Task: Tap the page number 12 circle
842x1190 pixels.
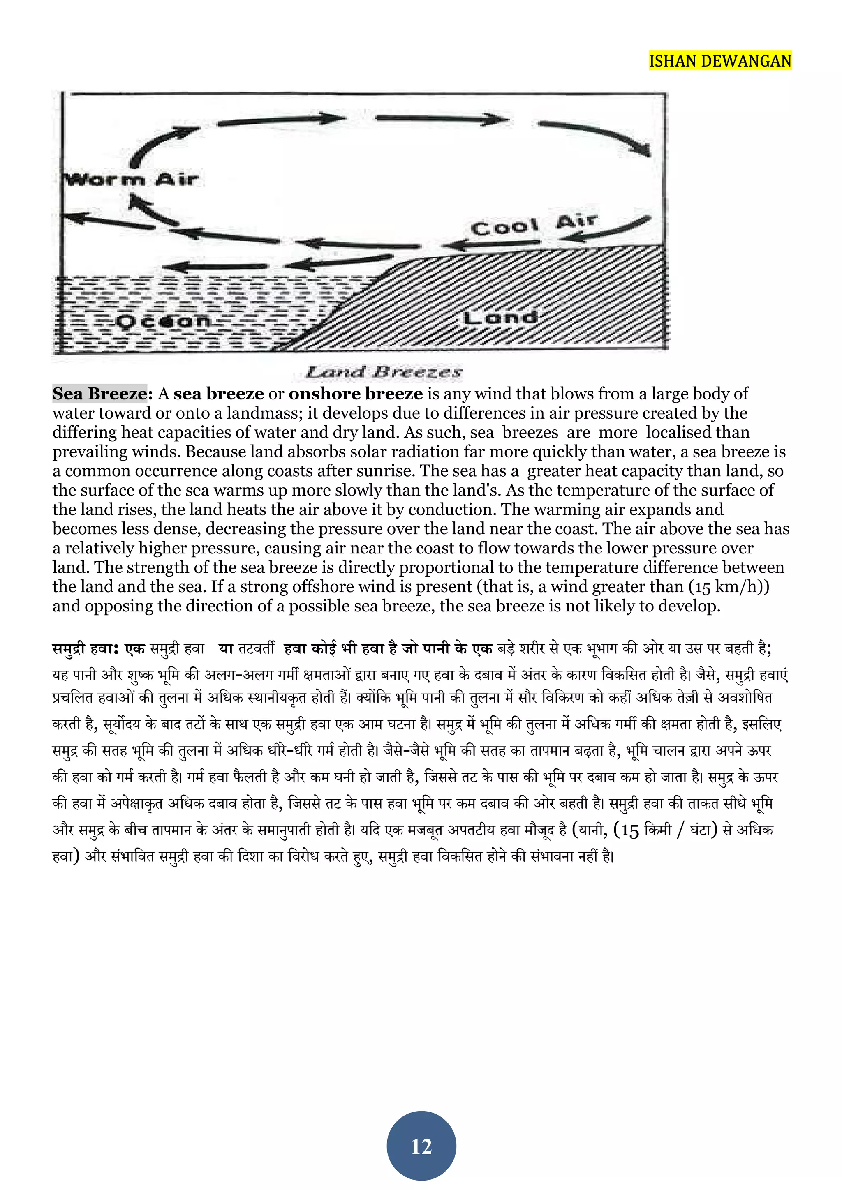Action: pos(421,1146)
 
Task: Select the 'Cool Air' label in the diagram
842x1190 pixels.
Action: pos(534,225)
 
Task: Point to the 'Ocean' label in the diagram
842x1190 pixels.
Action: pos(163,321)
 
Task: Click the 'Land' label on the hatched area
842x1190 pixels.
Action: pos(500,317)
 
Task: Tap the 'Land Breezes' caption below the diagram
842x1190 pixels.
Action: pos(384,371)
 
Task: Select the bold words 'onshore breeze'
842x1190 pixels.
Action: pos(356,394)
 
